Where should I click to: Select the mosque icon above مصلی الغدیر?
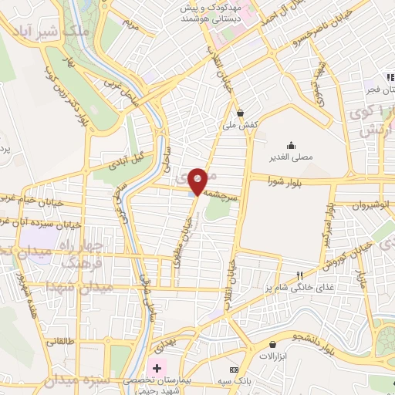[x=291, y=145]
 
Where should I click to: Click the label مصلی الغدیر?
[x=291, y=157]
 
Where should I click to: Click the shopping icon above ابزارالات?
[x=272, y=344]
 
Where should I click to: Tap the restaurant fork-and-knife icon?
[x=301, y=275]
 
